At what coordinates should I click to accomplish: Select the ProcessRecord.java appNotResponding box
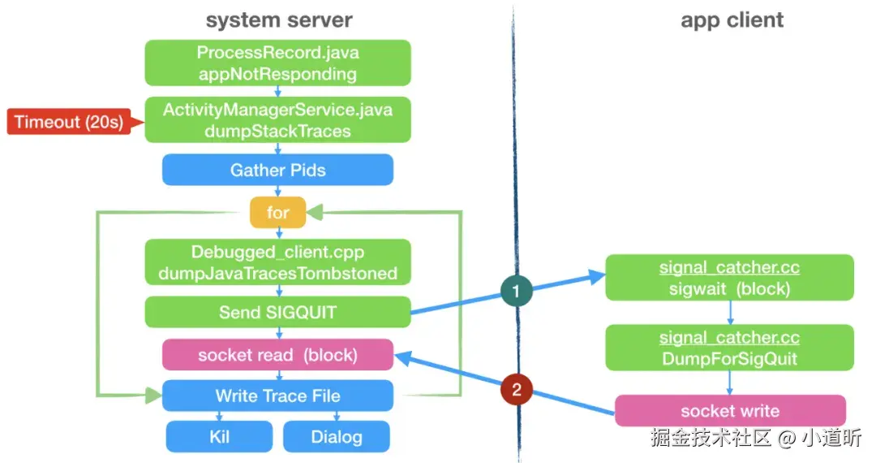coord(277,63)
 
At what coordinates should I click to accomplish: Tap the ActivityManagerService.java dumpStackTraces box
coord(277,119)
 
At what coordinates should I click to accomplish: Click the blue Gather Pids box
coord(277,170)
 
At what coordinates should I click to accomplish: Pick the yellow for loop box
coord(277,214)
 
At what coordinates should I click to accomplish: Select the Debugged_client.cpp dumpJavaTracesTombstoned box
coord(277,262)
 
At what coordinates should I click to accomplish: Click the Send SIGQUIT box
coord(277,312)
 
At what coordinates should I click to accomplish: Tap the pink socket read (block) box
coord(277,355)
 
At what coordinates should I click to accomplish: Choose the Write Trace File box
coord(277,396)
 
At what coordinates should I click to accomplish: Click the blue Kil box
coord(219,436)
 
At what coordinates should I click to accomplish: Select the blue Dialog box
coord(337,436)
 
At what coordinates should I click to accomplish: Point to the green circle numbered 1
coord(516,289)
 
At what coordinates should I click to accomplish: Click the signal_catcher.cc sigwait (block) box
coord(729,278)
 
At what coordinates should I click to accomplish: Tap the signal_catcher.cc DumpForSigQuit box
coord(729,348)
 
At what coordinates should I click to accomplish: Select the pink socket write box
coord(729,410)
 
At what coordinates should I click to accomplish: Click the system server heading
coord(279,20)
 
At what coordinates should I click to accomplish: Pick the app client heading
coord(732,20)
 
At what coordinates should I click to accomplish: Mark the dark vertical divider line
coord(514,162)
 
